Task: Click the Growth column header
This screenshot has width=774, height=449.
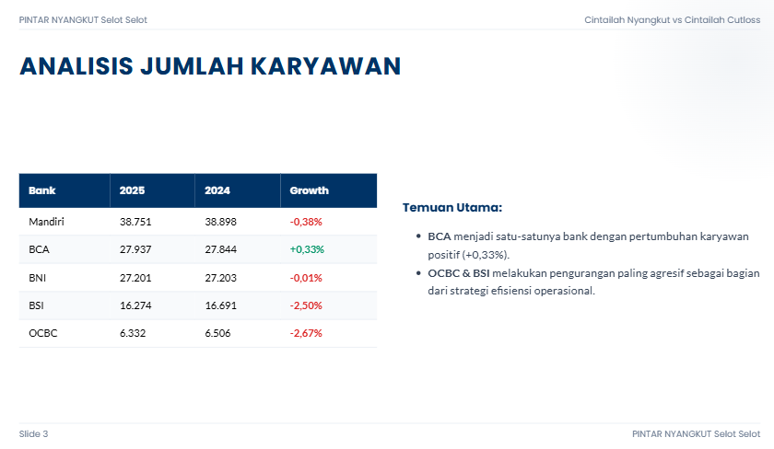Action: (309, 190)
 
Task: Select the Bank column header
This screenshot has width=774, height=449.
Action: (42, 190)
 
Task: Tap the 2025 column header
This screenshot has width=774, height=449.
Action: (133, 190)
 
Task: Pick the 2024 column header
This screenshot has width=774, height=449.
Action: (217, 190)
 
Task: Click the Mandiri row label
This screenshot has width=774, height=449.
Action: (46, 222)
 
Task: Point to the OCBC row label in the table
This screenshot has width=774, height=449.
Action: (43, 333)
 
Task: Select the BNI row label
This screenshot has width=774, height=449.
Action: (38, 278)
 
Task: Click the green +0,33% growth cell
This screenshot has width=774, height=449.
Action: (307, 249)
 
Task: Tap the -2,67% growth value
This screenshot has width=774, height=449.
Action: (306, 333)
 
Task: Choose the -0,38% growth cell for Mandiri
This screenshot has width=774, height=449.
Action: (306, 222)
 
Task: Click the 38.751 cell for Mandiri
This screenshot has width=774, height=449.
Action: (135, 222)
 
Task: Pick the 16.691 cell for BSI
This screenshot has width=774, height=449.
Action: (220, 305)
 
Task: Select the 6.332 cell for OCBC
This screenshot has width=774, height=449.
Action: (133, 333)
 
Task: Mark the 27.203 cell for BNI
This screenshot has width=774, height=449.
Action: (220, 278)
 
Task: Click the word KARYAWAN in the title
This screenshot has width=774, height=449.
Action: (326, 66)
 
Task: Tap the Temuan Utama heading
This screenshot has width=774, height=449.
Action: (452, 208)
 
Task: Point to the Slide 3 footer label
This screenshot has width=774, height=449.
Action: (33, 433)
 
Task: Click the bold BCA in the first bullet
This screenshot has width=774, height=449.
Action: (440, 236)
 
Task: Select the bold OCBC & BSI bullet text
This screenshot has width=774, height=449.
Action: (459, 273)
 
